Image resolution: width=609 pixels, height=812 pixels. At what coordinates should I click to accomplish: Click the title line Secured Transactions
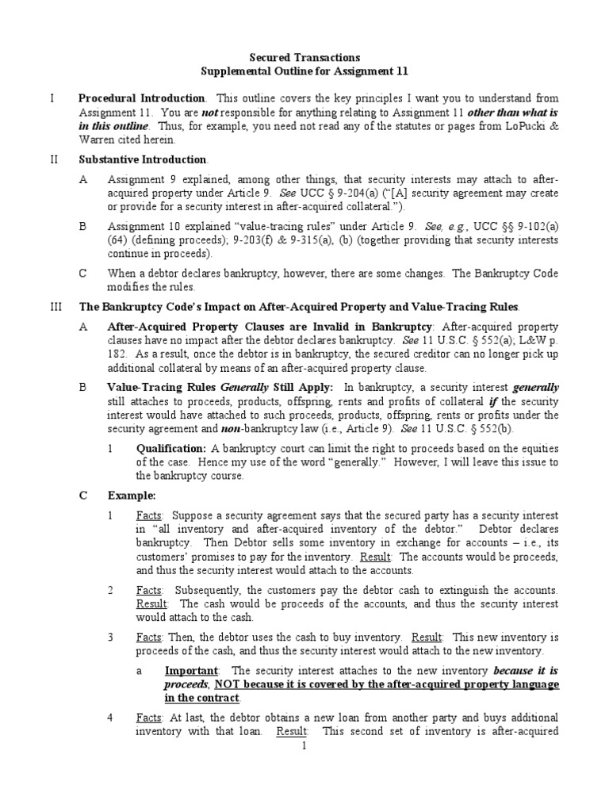304,57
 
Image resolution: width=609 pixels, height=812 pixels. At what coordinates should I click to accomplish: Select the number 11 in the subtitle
401,71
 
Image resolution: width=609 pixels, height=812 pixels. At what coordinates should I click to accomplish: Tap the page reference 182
117,355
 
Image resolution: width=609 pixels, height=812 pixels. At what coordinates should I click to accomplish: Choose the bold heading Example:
132,496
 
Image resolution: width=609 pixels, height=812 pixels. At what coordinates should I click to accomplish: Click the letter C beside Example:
83,496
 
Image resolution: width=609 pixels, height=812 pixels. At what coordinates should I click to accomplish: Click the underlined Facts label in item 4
148,717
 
